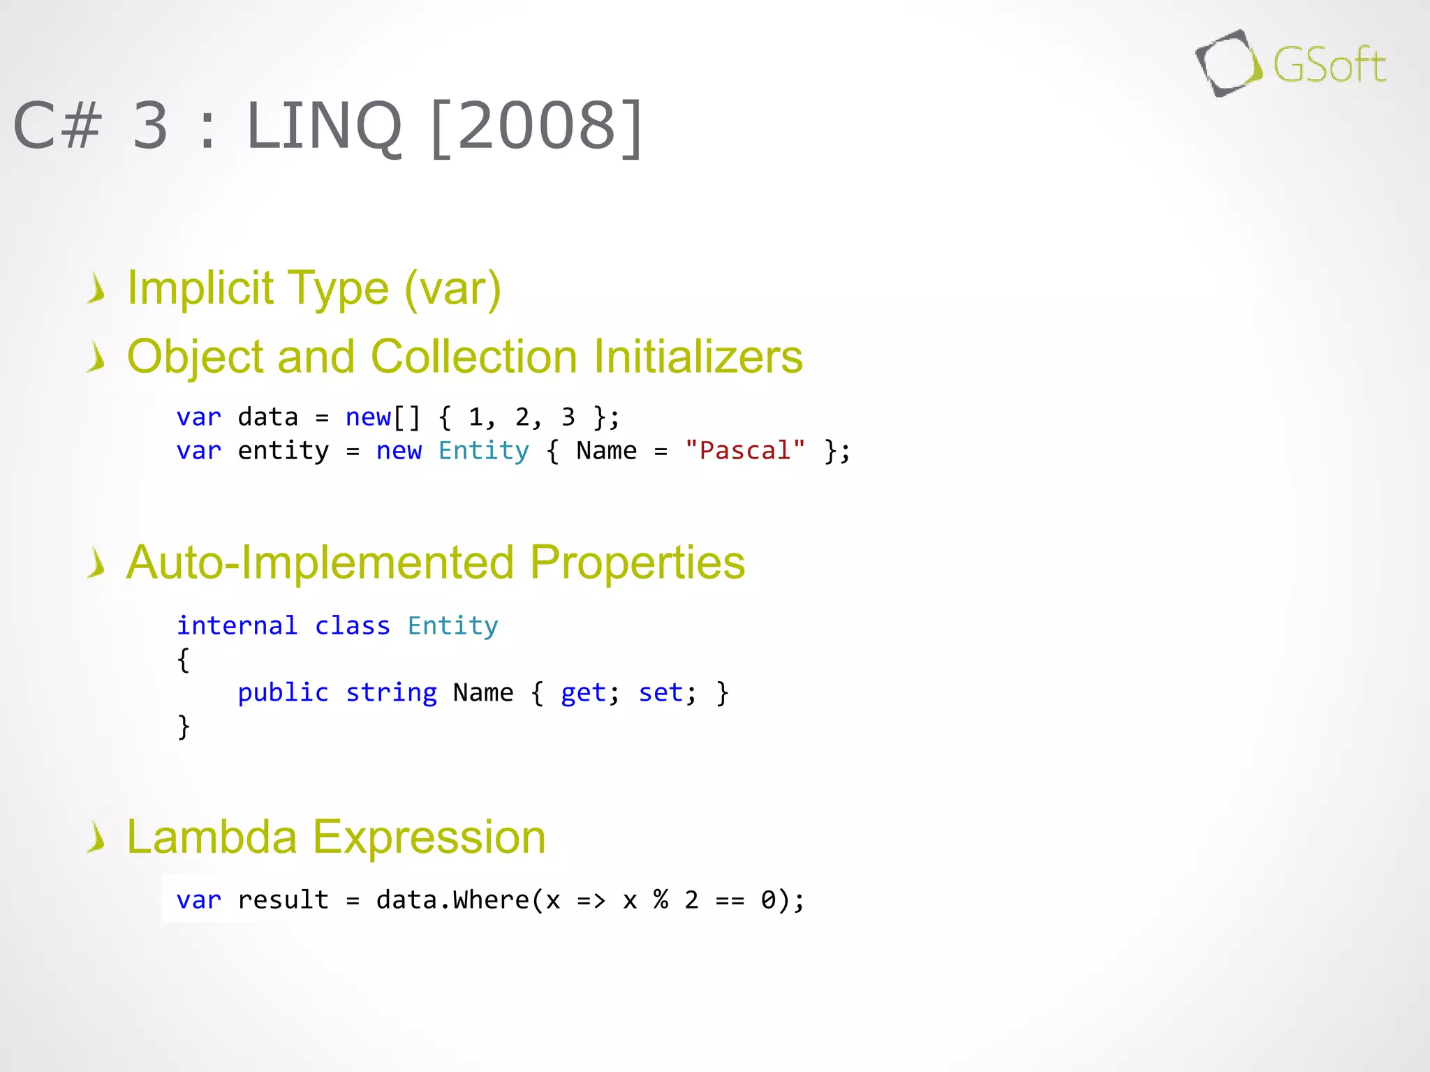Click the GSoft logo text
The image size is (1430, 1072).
pos(1329,65)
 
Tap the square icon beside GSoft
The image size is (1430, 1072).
pos(1228,64)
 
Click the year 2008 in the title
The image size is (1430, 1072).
pos(536,126)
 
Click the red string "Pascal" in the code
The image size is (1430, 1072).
pos(744,451)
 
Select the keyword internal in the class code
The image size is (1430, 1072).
pos(237,625)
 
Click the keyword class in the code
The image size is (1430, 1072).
pos(352,625)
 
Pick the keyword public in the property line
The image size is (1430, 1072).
pos(283,692)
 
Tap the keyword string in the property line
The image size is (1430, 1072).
pos(391,692)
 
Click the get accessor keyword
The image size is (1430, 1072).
pos(583,692)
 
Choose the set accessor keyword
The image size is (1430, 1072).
pos(661,692)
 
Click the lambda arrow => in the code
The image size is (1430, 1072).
pos(591,900)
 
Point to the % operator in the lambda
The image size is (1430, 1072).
pos(661,900)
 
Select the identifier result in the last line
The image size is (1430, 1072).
pos(283,900)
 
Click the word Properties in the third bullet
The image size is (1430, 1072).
pos(637,563)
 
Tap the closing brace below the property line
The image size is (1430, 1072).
pos(184,726)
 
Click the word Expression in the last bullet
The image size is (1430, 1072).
pos(429,837)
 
